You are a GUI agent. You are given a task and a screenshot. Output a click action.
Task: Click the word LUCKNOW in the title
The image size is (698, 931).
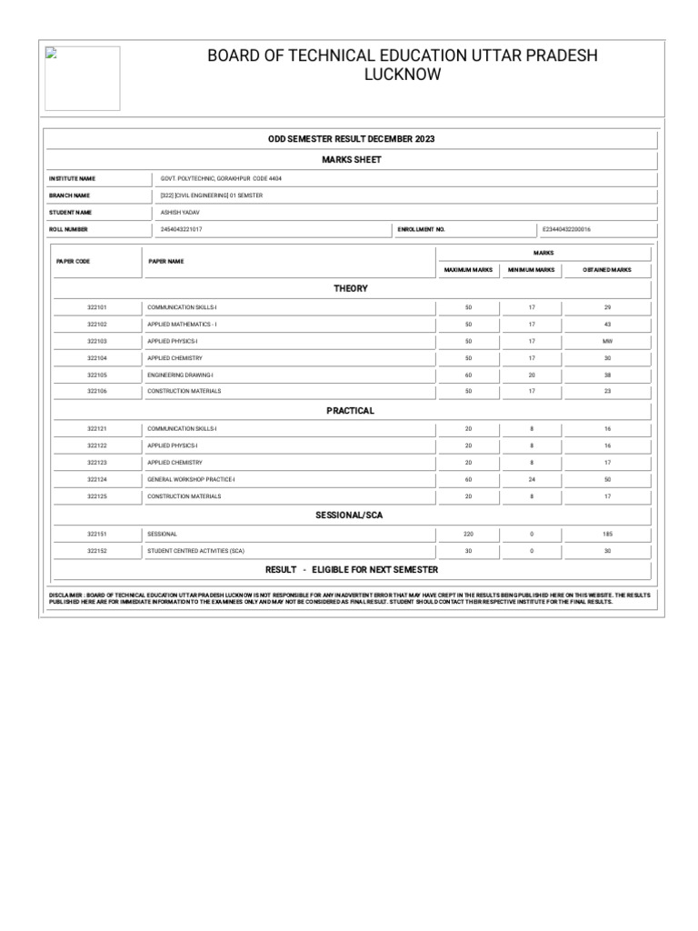(x=403, y=75)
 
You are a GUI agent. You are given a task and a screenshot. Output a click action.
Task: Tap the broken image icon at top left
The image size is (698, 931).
(x=51, y=54)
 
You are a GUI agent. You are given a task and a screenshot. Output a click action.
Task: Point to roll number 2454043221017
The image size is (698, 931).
(x=182, y=230)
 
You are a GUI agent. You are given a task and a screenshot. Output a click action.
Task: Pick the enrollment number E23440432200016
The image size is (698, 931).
(x=566, y=230)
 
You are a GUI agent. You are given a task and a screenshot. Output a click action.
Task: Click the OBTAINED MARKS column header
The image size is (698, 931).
(x=607, y=270)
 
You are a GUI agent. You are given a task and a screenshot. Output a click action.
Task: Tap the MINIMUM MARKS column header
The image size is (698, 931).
(x=532, y=270)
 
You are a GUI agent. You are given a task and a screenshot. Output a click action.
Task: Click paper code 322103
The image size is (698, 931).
(x=97, y=341)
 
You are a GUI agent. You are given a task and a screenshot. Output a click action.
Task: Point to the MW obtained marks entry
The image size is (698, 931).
(x=607, y=341)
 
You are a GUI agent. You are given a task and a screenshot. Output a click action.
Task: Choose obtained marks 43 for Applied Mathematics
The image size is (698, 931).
(x=607, y=325)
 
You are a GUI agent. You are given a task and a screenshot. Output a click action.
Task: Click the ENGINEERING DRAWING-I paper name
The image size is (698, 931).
(x=180, y=375)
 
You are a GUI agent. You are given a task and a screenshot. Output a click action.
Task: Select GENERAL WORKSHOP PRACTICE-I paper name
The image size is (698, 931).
(x=191, y=479)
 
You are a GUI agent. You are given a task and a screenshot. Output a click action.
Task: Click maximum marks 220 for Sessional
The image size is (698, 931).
(x=468, y=534)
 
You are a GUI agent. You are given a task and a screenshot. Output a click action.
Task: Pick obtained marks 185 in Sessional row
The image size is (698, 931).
(x=607, y=534)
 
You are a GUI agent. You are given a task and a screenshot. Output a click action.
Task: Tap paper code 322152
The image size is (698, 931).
(x=97, y=551)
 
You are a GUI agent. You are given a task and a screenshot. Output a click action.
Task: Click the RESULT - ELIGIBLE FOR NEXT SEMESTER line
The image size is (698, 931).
(x=351, y=569)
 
